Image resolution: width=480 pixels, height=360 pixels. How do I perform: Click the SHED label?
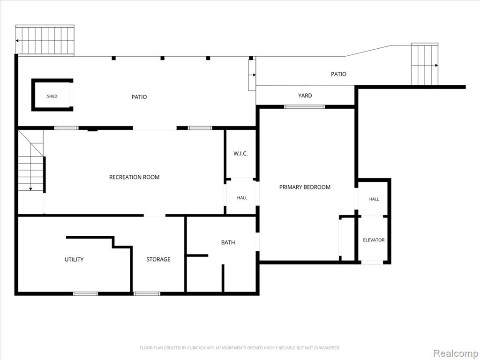pyautogui.click(x=52, y=96)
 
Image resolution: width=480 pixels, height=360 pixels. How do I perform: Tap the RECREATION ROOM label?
pyautogui.click(x=135, y=177)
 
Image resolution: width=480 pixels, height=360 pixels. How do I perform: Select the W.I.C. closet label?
pyautogui.click(x=240, y=154)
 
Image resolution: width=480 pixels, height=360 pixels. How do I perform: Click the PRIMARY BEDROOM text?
pyautogui.click(x=305, y=187)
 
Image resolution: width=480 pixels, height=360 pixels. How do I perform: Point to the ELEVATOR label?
pyautogui.click(x=374, y=240)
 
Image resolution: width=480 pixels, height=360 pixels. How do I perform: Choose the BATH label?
pyautogui.click(x=228, y=242)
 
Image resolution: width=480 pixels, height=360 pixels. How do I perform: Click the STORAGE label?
pyautogui.click(x=158, y=259)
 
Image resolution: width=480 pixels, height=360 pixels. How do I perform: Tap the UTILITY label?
pyautogui.click(x=74, y=260)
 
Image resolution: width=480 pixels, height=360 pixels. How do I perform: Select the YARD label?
pyautogui.click(x=305, y=96)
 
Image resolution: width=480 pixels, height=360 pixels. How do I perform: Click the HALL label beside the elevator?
pyautogui.click(x=374, y=199)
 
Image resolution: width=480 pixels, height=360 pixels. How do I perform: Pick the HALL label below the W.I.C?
pyautogui.click(x=242, y=198)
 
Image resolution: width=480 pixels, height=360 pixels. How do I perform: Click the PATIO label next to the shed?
pyautogui.click(x=139, y=97)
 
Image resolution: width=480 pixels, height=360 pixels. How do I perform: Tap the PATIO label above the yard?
pyautogui.click(x=338, y=74)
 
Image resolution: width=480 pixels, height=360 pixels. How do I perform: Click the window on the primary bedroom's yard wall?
pyautogui.click(x=304, y=107)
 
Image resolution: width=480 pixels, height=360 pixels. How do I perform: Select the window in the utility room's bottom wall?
pyautogui.click(x=86, y=294)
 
